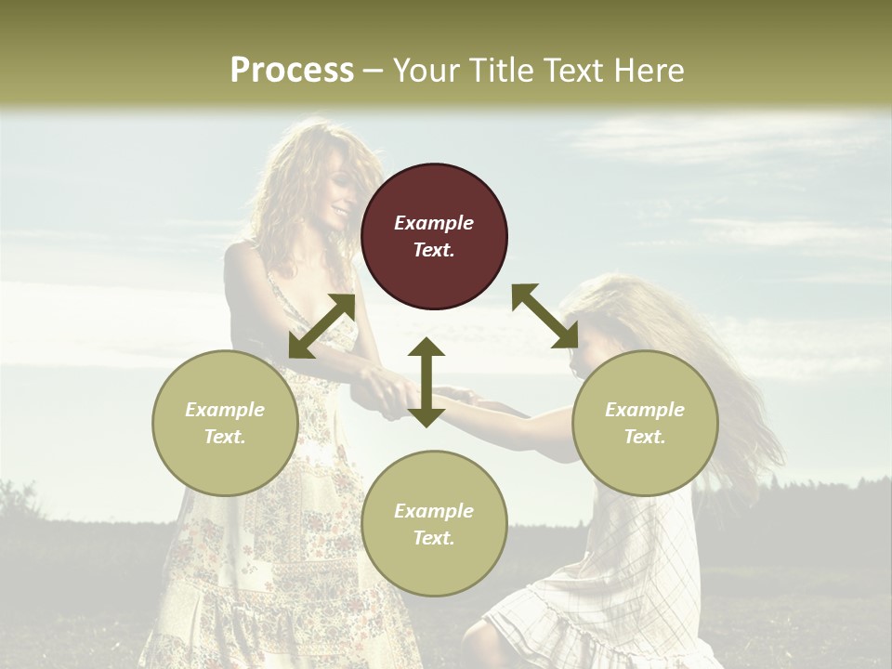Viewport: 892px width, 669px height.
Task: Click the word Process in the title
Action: click(x=292, y=71)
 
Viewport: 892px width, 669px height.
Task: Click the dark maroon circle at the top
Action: click(x=434, y=236)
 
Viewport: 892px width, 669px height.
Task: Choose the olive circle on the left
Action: click(x=225, y=423)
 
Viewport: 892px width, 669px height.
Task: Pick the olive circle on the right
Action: click(x=645, y=423)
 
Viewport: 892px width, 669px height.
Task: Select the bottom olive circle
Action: click(x=434, y=524)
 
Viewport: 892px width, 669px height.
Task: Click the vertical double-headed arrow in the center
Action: click(x=426, y=382)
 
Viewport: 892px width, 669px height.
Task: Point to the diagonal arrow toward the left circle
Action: click(x=321, y=326)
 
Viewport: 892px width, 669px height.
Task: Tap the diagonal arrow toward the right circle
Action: click(x=545, y=316)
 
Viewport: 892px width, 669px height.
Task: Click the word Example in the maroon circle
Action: click(x=434, y=223)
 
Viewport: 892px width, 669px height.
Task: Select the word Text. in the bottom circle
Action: click(x=434, y=538)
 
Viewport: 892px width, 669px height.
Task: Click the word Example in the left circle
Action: click(x=225, y=410)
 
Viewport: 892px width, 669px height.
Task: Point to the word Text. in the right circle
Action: click(x=645, y=437)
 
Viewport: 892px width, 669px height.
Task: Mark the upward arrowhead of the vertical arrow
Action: click(x=426, y=348)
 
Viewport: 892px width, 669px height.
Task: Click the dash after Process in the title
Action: click(x=373, y=72)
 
